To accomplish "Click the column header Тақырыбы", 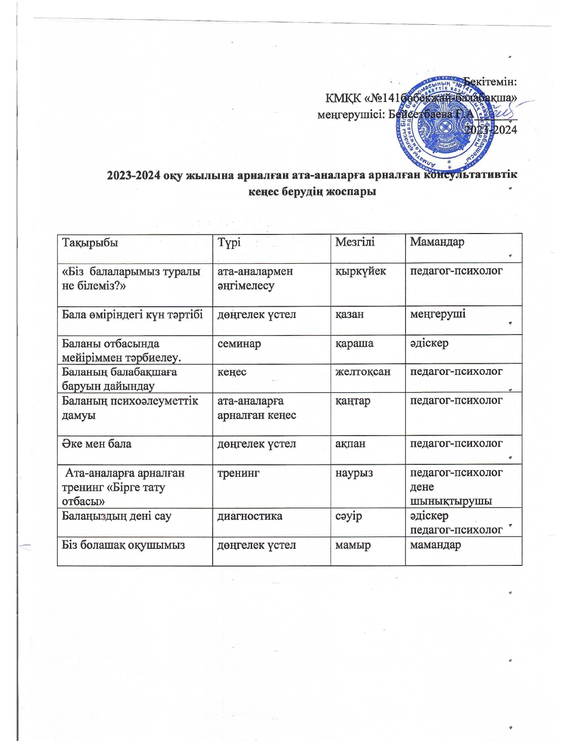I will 90,243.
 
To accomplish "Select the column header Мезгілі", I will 355,242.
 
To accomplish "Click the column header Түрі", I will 229,243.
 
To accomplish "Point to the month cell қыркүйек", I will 361,271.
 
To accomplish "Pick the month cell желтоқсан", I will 363,372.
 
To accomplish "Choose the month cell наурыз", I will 354,473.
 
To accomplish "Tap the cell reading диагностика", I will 250,516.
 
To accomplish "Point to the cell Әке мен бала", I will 96,444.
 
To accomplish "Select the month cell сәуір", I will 349,516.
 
